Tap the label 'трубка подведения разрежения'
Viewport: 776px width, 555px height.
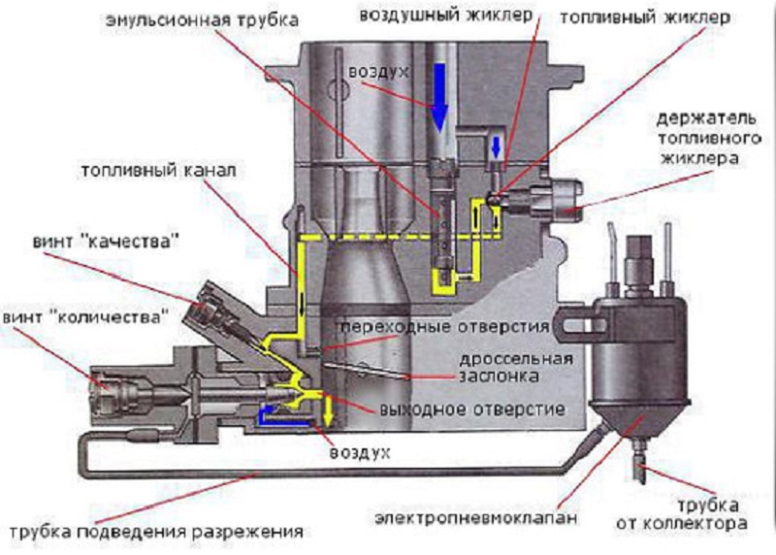153,533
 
